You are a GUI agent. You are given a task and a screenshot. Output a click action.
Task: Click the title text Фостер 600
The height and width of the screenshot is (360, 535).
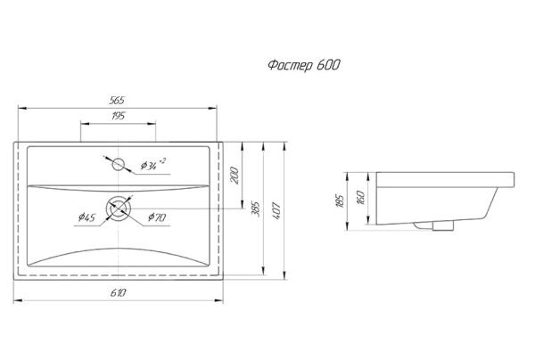(304, 65)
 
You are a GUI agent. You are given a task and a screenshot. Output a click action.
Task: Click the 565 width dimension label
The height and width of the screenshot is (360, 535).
(117, 100)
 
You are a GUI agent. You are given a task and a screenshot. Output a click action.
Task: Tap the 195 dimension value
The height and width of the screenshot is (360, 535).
(118, 116)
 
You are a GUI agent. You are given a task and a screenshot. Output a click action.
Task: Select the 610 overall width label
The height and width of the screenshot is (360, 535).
(118, 292)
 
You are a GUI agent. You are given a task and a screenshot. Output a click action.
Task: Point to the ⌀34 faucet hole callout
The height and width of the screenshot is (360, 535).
(152, 165)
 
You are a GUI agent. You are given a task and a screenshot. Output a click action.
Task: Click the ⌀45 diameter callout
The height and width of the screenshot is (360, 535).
(86, 217)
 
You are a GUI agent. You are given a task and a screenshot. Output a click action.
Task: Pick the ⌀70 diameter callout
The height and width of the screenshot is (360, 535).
(157, 217)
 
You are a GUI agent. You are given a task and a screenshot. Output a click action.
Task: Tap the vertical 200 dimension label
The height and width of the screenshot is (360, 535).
(235, 176)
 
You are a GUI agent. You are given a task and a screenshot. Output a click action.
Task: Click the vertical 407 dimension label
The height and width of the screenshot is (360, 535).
(276, 210)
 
